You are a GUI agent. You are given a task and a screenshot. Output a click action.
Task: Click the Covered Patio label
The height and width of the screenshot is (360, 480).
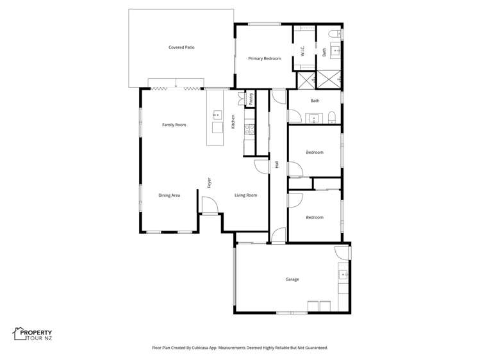(x=181, y=47)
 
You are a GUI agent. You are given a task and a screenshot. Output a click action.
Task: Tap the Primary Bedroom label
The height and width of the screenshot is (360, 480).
(x=265, y=58)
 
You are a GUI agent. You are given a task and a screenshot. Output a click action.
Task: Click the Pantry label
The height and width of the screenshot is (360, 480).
(x=251, y=99)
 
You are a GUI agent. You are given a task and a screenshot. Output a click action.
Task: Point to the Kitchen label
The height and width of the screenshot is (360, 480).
(x=233, y=122)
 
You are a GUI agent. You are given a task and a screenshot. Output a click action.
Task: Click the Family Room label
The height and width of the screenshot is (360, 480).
(x=174, y=125)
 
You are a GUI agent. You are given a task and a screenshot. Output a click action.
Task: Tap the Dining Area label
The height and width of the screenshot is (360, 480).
(x=169, y=195)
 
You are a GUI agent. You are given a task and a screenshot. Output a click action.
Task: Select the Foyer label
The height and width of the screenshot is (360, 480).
(x=210, y=183)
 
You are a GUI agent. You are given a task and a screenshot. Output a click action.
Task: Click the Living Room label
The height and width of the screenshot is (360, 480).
(x=246, y=195)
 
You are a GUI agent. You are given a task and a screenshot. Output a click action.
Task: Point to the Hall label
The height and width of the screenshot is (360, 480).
(x=277, y=165)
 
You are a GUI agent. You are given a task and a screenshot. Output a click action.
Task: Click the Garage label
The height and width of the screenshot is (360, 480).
(x=292, y=279)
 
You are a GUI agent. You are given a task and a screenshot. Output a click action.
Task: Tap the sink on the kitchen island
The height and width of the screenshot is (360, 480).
(x=217, y=115)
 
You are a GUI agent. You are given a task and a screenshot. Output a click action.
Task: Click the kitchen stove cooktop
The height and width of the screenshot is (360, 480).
(x=250, y=129)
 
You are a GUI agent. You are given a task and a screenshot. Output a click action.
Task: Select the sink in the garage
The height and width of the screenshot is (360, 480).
(x=343, y=275)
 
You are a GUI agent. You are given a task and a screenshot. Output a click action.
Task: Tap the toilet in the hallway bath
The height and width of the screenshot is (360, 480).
(x=332, y=118)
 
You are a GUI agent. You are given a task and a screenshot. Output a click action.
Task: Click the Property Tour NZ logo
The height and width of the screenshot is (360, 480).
(x=32, y=334)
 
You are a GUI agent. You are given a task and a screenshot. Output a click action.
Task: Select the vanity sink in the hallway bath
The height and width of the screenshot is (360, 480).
(x=314, y=118)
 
